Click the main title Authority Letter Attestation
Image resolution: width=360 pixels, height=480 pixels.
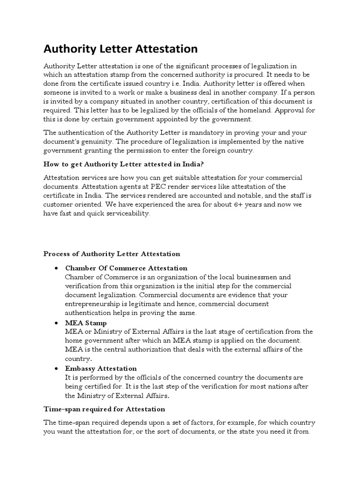[x=120, y=49]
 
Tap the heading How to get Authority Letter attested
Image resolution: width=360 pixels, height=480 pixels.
[x=124, y=164]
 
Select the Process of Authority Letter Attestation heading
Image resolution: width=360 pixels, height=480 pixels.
[x=112, y=254]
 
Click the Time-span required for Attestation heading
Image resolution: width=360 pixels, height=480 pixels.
[x=104, y=409]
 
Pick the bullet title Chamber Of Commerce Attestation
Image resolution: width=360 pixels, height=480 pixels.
[x=126, y=268]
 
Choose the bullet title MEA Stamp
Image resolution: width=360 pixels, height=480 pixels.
[x=86, y=323]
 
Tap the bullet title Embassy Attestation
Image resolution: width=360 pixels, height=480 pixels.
[x=101, y=368]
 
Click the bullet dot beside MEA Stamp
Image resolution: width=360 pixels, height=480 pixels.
[x=56, y=323]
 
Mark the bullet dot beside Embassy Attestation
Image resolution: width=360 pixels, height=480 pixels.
[x=56, y=368]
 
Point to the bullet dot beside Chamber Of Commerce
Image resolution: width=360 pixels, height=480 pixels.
[x=56, y=268]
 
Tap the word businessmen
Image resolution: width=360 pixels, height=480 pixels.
[x=261, y=277]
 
